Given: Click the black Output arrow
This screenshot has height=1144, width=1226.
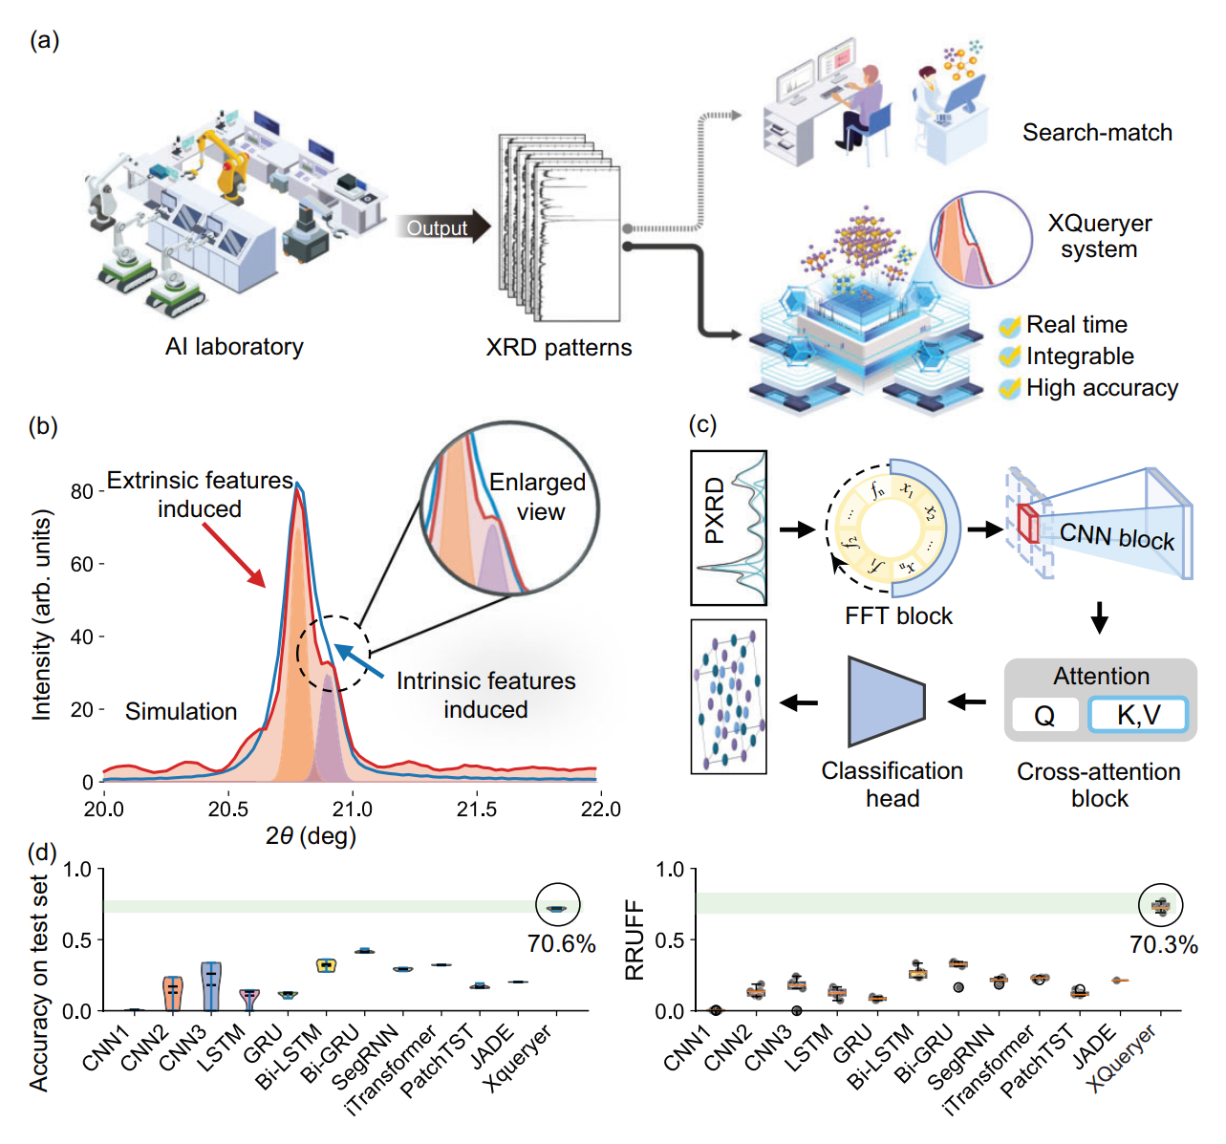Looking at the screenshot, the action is pos(442,227).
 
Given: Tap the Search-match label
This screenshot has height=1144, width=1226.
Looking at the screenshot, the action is pos(1097,132).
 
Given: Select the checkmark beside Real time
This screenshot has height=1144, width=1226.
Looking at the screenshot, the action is pos(1009,326).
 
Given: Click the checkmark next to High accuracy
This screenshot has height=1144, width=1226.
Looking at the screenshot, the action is pos(1009,389).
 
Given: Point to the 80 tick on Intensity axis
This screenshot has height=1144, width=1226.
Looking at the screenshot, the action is pos(101,491).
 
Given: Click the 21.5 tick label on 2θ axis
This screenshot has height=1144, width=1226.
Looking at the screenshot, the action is pos(476,809).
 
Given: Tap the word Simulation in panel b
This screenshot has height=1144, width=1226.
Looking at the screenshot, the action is pos(181,711).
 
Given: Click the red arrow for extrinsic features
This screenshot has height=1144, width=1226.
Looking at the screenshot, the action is pos(233,554).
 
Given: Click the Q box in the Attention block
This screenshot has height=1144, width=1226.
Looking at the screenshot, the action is pos(1045,715).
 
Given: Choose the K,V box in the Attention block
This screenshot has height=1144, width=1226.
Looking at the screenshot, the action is pos(1138,715).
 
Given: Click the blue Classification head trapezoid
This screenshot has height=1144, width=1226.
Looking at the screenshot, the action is pos(886,702).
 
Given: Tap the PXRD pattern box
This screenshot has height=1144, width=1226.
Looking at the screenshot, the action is pos(728,529).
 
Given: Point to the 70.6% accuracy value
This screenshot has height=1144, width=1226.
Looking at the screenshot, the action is pos(561,944).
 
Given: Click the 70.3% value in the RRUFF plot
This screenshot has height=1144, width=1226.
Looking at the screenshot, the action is pos(1164,944).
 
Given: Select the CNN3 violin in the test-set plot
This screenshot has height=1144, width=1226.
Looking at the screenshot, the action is pos(211,986).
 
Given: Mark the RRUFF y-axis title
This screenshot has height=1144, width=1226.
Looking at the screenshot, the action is pos(635,939).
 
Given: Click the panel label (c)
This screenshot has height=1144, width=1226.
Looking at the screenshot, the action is pos(702,425).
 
